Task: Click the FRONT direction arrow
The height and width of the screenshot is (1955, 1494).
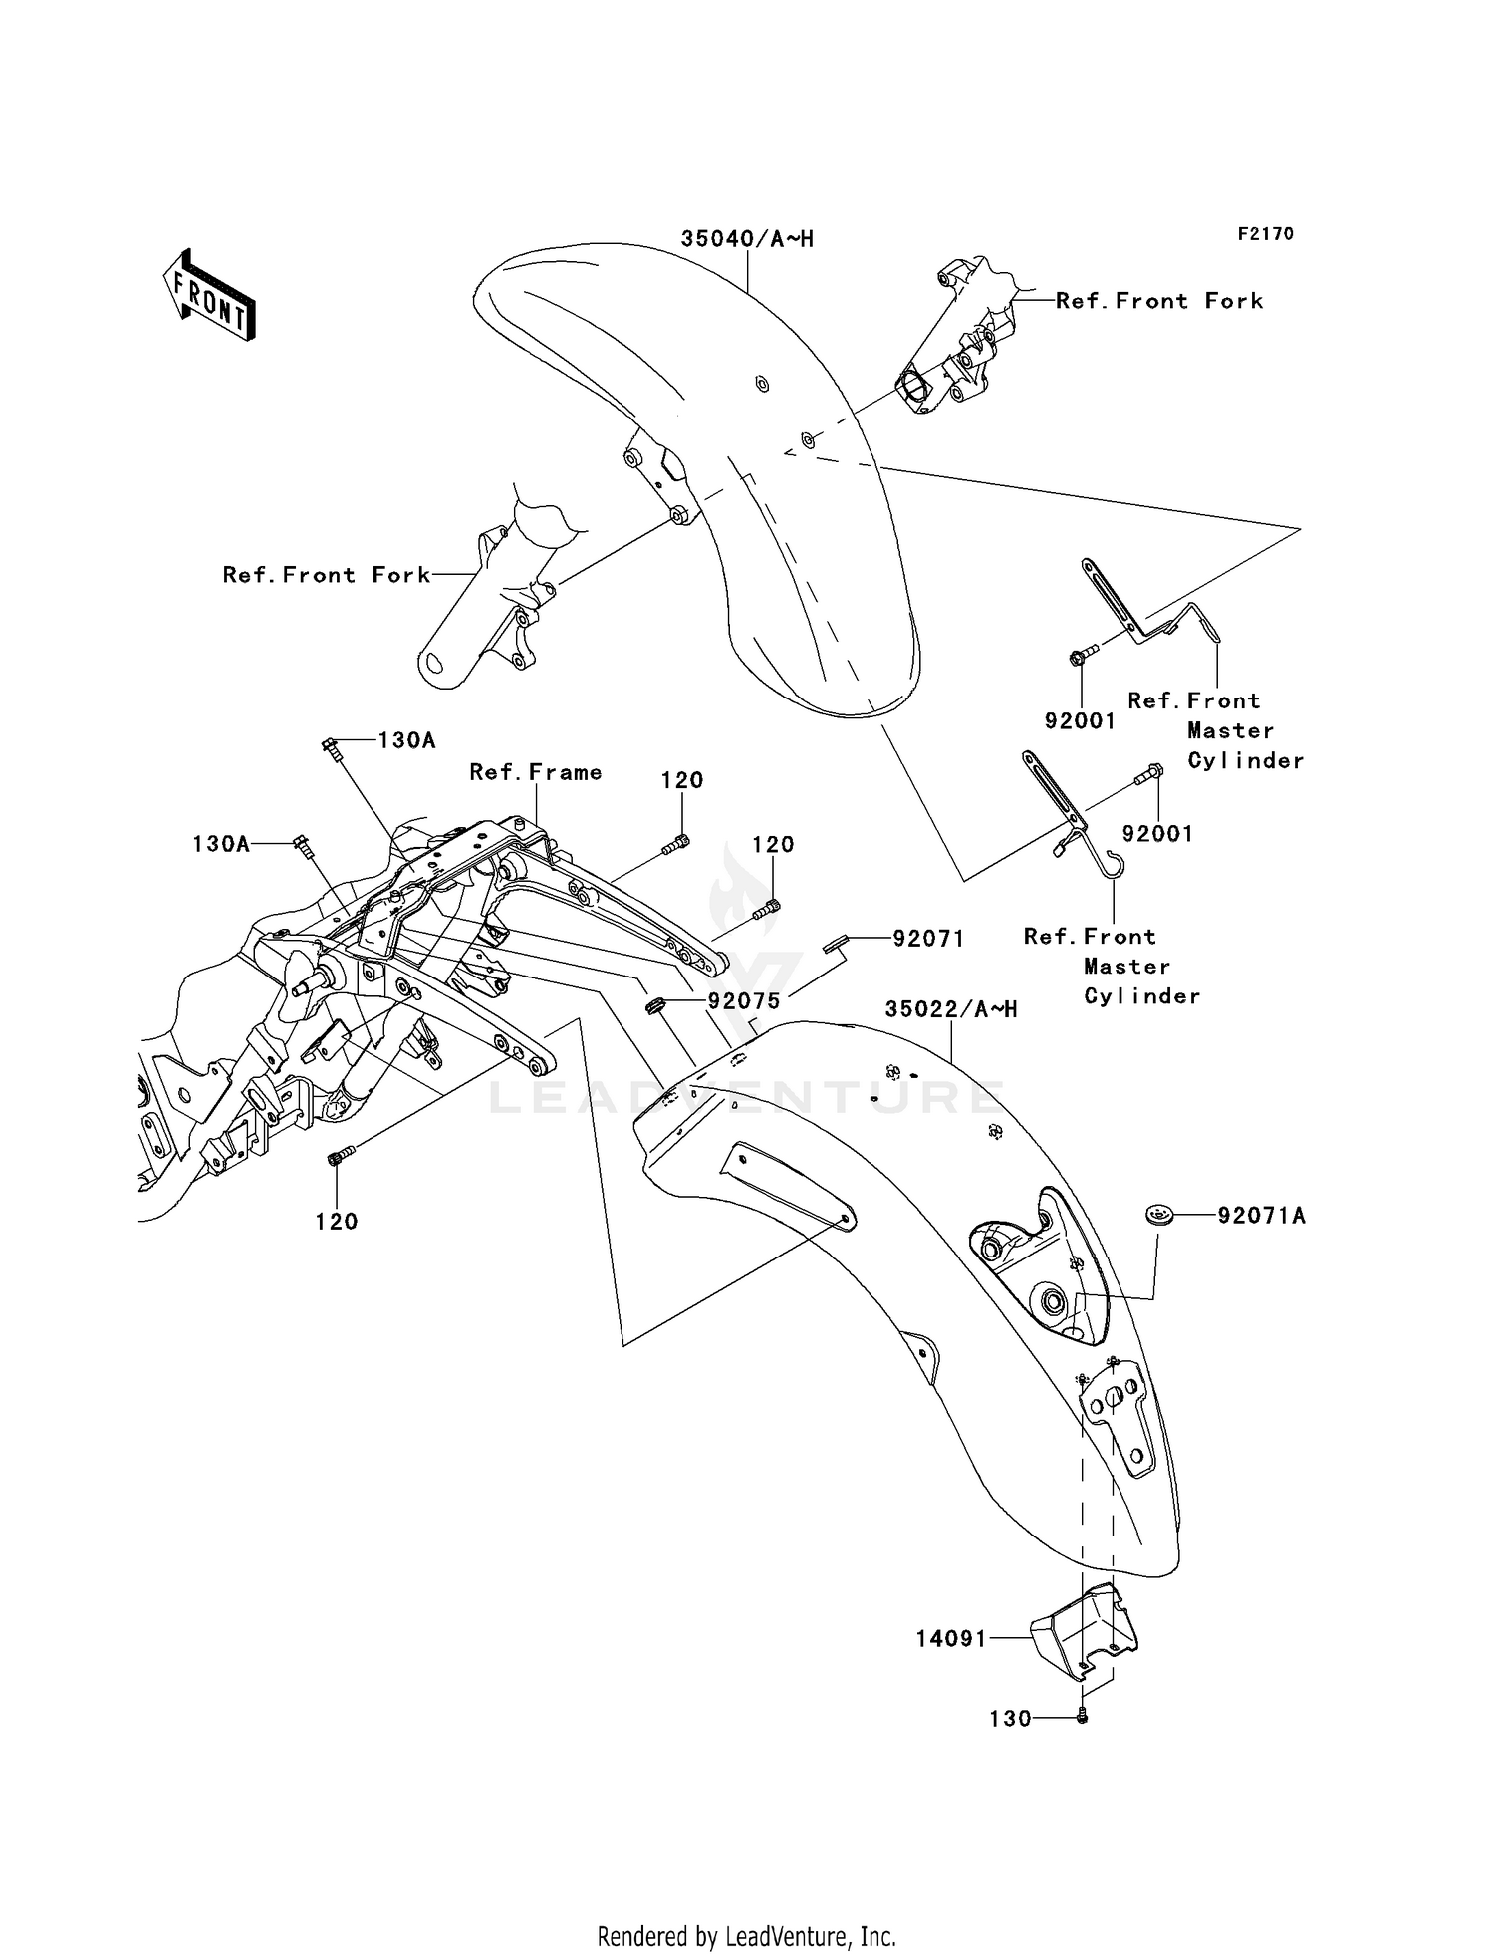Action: (210, 296)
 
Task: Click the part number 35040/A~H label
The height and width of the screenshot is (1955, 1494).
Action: (747, 239)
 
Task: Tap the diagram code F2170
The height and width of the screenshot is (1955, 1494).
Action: (1265, 234)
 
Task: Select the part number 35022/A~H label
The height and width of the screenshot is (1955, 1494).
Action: (951, 1009)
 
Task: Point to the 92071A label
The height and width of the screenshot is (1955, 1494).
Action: (1261, 1216)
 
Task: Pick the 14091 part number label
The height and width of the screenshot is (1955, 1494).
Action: (951, 1638)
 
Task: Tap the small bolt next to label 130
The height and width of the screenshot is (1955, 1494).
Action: (1083, 1717)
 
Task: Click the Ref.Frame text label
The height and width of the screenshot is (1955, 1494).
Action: (536, 772)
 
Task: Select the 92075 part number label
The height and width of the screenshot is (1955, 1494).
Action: (744, 999)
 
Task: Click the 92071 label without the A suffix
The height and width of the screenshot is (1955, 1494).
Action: (928, 938)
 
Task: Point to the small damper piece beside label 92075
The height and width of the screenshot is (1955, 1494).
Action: (654, 1006)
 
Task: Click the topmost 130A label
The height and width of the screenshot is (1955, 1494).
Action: (406, 740)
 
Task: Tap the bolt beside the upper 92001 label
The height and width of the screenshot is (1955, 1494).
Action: (1082, 655)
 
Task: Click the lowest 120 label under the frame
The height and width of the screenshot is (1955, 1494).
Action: (337, 1222)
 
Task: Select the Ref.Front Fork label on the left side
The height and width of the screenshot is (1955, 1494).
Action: (327, 575)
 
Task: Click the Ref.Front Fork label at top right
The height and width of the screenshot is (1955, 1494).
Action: (1159, 301)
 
